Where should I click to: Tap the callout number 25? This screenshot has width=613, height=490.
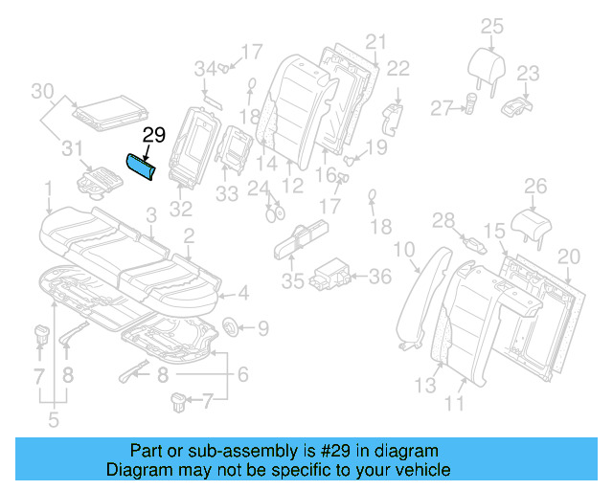491,26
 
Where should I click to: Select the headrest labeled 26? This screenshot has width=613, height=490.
534,221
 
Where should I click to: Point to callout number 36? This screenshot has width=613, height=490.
380,277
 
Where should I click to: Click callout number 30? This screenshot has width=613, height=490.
42,92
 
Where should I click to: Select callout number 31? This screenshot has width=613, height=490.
69,148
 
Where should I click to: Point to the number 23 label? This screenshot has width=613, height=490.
528,73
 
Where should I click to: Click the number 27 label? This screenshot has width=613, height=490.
440,110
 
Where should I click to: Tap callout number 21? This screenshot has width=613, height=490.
375,41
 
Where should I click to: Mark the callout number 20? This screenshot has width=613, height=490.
569,256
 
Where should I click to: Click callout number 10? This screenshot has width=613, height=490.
404,251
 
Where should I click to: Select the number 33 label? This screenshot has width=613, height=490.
226,193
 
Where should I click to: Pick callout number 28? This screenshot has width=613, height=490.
443,221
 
